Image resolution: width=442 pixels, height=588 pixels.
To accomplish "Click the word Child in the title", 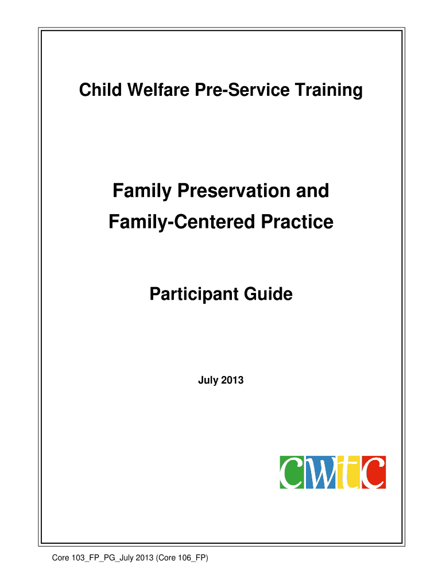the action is [x=100, y=90].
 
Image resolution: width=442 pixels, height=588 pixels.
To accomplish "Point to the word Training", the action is [x=329, y=91].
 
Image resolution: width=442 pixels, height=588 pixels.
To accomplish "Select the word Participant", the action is [x=194, y=294].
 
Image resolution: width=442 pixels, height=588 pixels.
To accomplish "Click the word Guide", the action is [x=269, y=293].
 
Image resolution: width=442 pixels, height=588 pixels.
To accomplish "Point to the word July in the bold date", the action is [x=208, y=380].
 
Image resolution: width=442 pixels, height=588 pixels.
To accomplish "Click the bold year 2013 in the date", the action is [x=232, y=380].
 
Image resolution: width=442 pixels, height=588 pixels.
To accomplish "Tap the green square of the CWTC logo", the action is [x=292, y=472].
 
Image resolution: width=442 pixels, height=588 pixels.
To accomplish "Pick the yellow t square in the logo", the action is [x=348, y=472].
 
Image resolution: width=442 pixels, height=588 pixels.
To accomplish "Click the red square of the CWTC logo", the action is [x=373, y=472].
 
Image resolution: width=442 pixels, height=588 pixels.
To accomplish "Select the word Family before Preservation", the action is [x=142, y=191].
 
